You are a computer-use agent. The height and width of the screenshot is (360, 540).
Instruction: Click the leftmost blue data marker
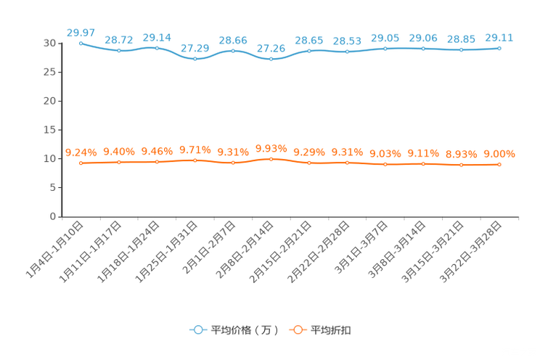click(81, 43)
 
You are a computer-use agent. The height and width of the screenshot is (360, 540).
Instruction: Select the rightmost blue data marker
click(499, 48)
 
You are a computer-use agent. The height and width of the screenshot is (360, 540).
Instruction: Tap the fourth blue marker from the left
click(195, 59)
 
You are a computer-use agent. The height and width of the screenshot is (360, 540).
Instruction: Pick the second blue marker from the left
click(118, 50)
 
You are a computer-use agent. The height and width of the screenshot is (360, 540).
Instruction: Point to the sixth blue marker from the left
click(271, 59)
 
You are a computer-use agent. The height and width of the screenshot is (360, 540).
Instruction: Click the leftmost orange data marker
click(81, 163)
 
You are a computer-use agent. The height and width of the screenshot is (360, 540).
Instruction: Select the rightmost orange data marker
click(499, 165)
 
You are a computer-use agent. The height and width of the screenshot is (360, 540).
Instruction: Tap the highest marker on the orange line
click(271, 158)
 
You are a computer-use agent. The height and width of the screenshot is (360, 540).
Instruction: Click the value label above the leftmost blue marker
click(80, 32)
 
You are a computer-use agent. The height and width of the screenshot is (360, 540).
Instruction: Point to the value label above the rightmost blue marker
click(499, 37)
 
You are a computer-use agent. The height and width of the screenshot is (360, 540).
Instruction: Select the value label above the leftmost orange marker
click(81, 152)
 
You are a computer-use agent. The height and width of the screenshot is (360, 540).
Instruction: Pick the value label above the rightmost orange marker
click(499, 154)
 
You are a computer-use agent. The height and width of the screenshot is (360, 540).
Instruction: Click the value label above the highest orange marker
click(271, 147)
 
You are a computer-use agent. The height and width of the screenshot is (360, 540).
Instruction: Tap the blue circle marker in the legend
click(197, 330)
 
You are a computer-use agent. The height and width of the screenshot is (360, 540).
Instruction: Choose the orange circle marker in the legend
click(298, 330)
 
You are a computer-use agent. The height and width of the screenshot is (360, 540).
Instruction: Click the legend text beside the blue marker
click(245, 330)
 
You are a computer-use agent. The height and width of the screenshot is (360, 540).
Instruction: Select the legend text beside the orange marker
click(332, 330)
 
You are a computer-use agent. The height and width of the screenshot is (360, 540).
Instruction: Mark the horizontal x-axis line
click(290, 216)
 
